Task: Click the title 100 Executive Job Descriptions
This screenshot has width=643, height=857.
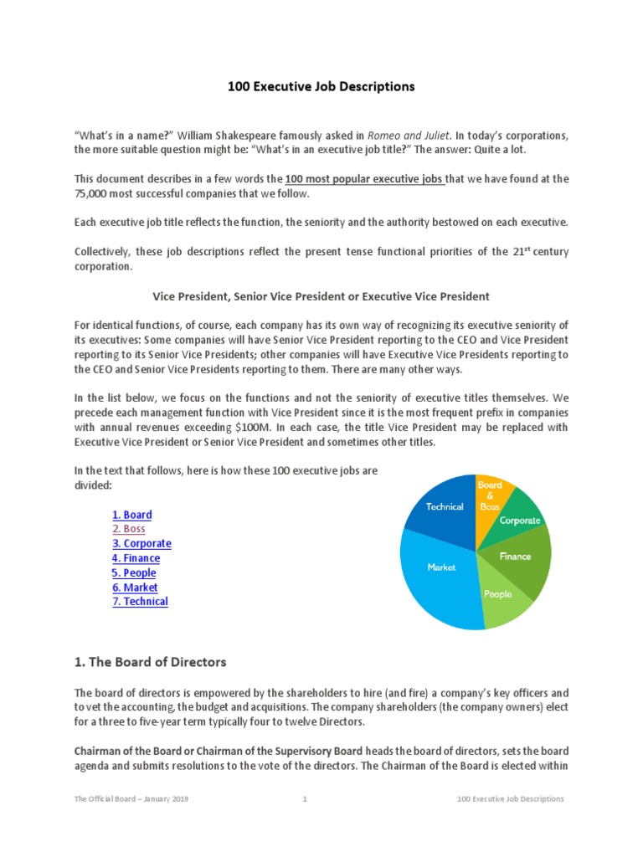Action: pyautogui.click(x=322, y=86)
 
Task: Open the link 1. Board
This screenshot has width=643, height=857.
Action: pyautogui.click(x=131, y=515)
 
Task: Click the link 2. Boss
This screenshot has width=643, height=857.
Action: pyautogui.click(x=128, y=529)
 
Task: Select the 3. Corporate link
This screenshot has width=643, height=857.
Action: pyautogui.click(x=141, y=543)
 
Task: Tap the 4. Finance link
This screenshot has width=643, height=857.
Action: pyautogui.click(x=136, y=558)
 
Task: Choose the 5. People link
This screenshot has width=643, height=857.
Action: pyautogui.click(x=134, y=572)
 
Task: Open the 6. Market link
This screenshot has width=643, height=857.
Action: pyautogui.click(x=135, y=588)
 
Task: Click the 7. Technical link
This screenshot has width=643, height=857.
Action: pyautogui.click(x=140, y=602)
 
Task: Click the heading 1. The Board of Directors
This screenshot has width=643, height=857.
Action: pyautogui.click(x=150, y=662)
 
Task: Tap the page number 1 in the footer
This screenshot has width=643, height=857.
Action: pyautogui.click(x=305, y=799)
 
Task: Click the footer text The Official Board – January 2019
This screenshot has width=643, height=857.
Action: pyautogui.click(x=131, y=799)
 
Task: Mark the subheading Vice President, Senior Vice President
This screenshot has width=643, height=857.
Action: pyautogui.click(x=321, y=296)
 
